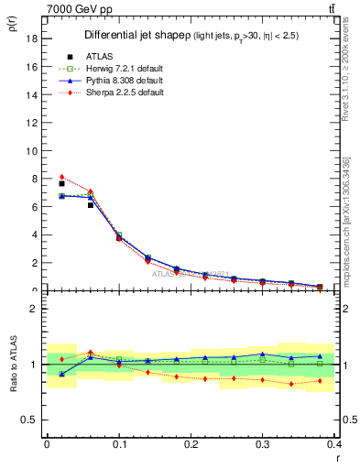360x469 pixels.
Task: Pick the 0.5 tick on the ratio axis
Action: click(32, 420)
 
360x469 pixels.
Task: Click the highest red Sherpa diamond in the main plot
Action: click(61, 177)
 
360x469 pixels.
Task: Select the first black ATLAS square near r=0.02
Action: click(61, 184)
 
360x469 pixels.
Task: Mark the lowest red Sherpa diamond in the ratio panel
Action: click(291, 384)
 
